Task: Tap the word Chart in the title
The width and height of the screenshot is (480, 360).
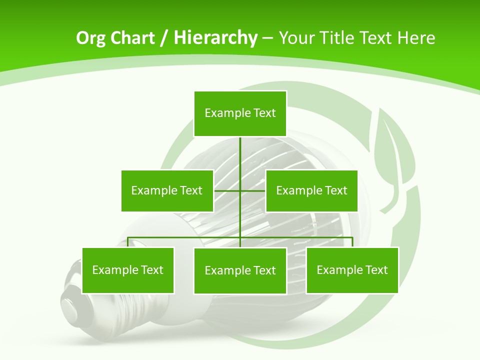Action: point(134,38)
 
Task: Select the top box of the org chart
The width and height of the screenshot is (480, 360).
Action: point(240,113)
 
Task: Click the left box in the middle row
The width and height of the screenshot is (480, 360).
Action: point(167,190)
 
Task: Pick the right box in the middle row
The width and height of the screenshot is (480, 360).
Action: point(311,190)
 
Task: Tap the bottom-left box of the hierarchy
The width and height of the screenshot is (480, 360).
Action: point(128,270)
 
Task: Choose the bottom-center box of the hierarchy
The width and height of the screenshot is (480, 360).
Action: point(240,270)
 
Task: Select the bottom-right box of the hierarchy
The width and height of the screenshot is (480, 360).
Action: point(352,270)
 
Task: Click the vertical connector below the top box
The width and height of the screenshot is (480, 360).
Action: point(240,155)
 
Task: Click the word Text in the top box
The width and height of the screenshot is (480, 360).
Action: point(264,113)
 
